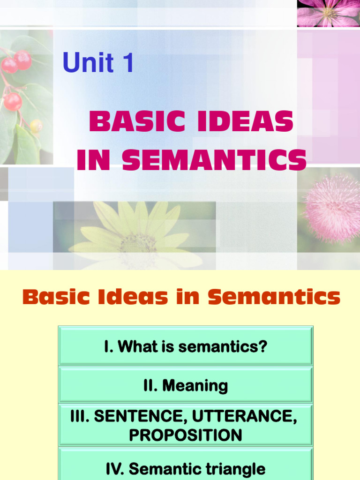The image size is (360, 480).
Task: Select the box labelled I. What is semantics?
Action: point(185,346)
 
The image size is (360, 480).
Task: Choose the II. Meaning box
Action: point(185,385)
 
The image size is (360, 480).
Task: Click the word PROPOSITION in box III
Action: point(185,435)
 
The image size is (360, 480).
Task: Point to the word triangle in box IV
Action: point(237,469)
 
